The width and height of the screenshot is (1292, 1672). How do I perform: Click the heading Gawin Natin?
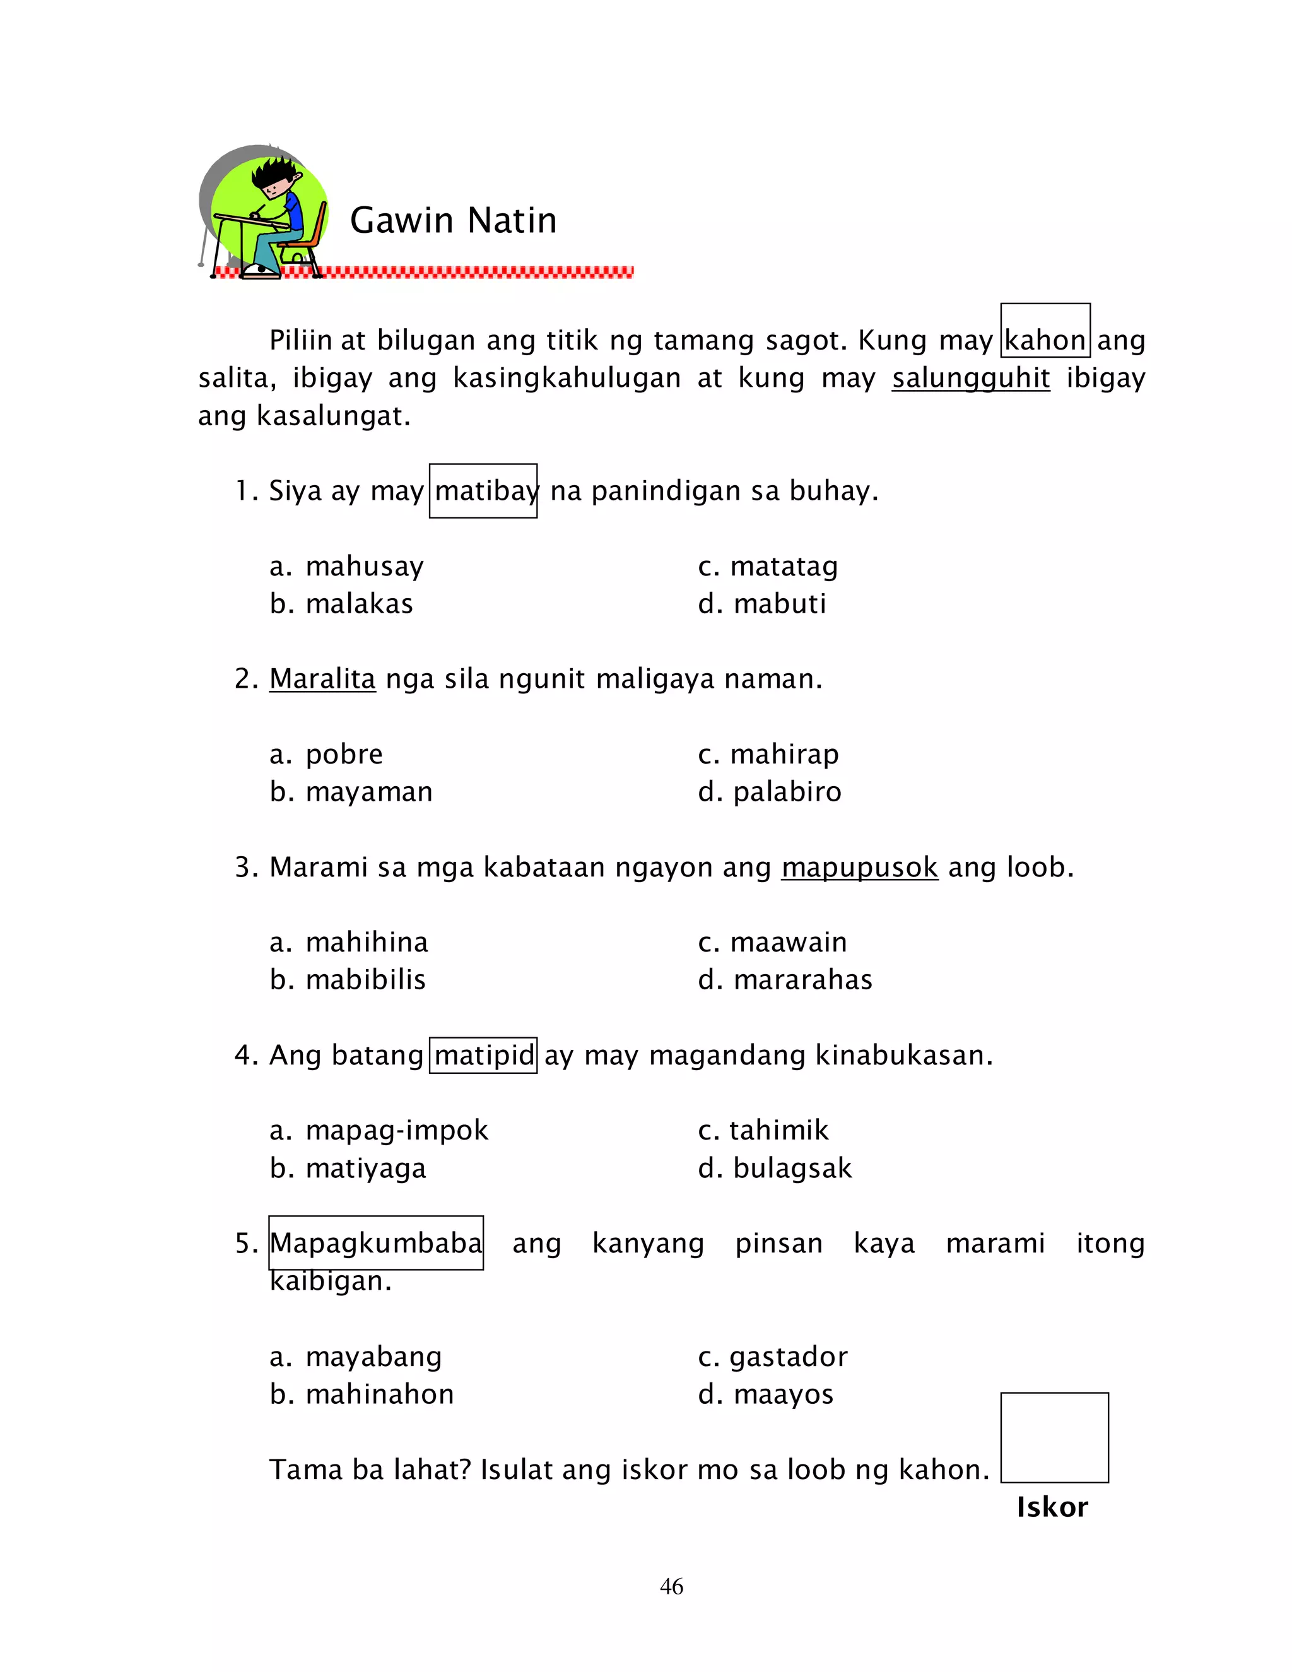coord(453,220)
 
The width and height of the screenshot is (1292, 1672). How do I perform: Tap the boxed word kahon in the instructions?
coord(1045,339)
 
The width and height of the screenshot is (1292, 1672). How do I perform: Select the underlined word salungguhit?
coord(970,377)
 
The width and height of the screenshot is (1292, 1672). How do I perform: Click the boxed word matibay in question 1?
coord(483,491)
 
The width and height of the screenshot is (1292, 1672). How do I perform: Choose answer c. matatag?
coord(768,567)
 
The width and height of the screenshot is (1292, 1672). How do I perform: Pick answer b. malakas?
coord(341,604)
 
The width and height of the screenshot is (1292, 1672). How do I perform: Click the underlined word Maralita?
coord(322,678)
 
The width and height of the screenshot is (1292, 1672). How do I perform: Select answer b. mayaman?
coord(351,792)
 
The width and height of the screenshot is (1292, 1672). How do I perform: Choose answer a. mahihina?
coord(349,943)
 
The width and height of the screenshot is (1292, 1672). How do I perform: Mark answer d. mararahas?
coord(785,980)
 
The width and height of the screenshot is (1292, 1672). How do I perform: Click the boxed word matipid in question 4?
coord(483,1055)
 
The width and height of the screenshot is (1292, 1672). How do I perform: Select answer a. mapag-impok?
coord(379,1131)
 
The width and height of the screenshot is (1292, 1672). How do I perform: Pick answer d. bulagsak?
coord(775,1169)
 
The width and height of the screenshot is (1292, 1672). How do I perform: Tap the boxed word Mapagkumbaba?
coord(376,1244)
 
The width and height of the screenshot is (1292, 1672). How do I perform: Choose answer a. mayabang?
coord(356,1357)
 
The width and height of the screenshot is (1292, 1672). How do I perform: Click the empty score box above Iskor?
coord(1054,1437)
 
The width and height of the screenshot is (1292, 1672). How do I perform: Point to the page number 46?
coord(671,1586)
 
